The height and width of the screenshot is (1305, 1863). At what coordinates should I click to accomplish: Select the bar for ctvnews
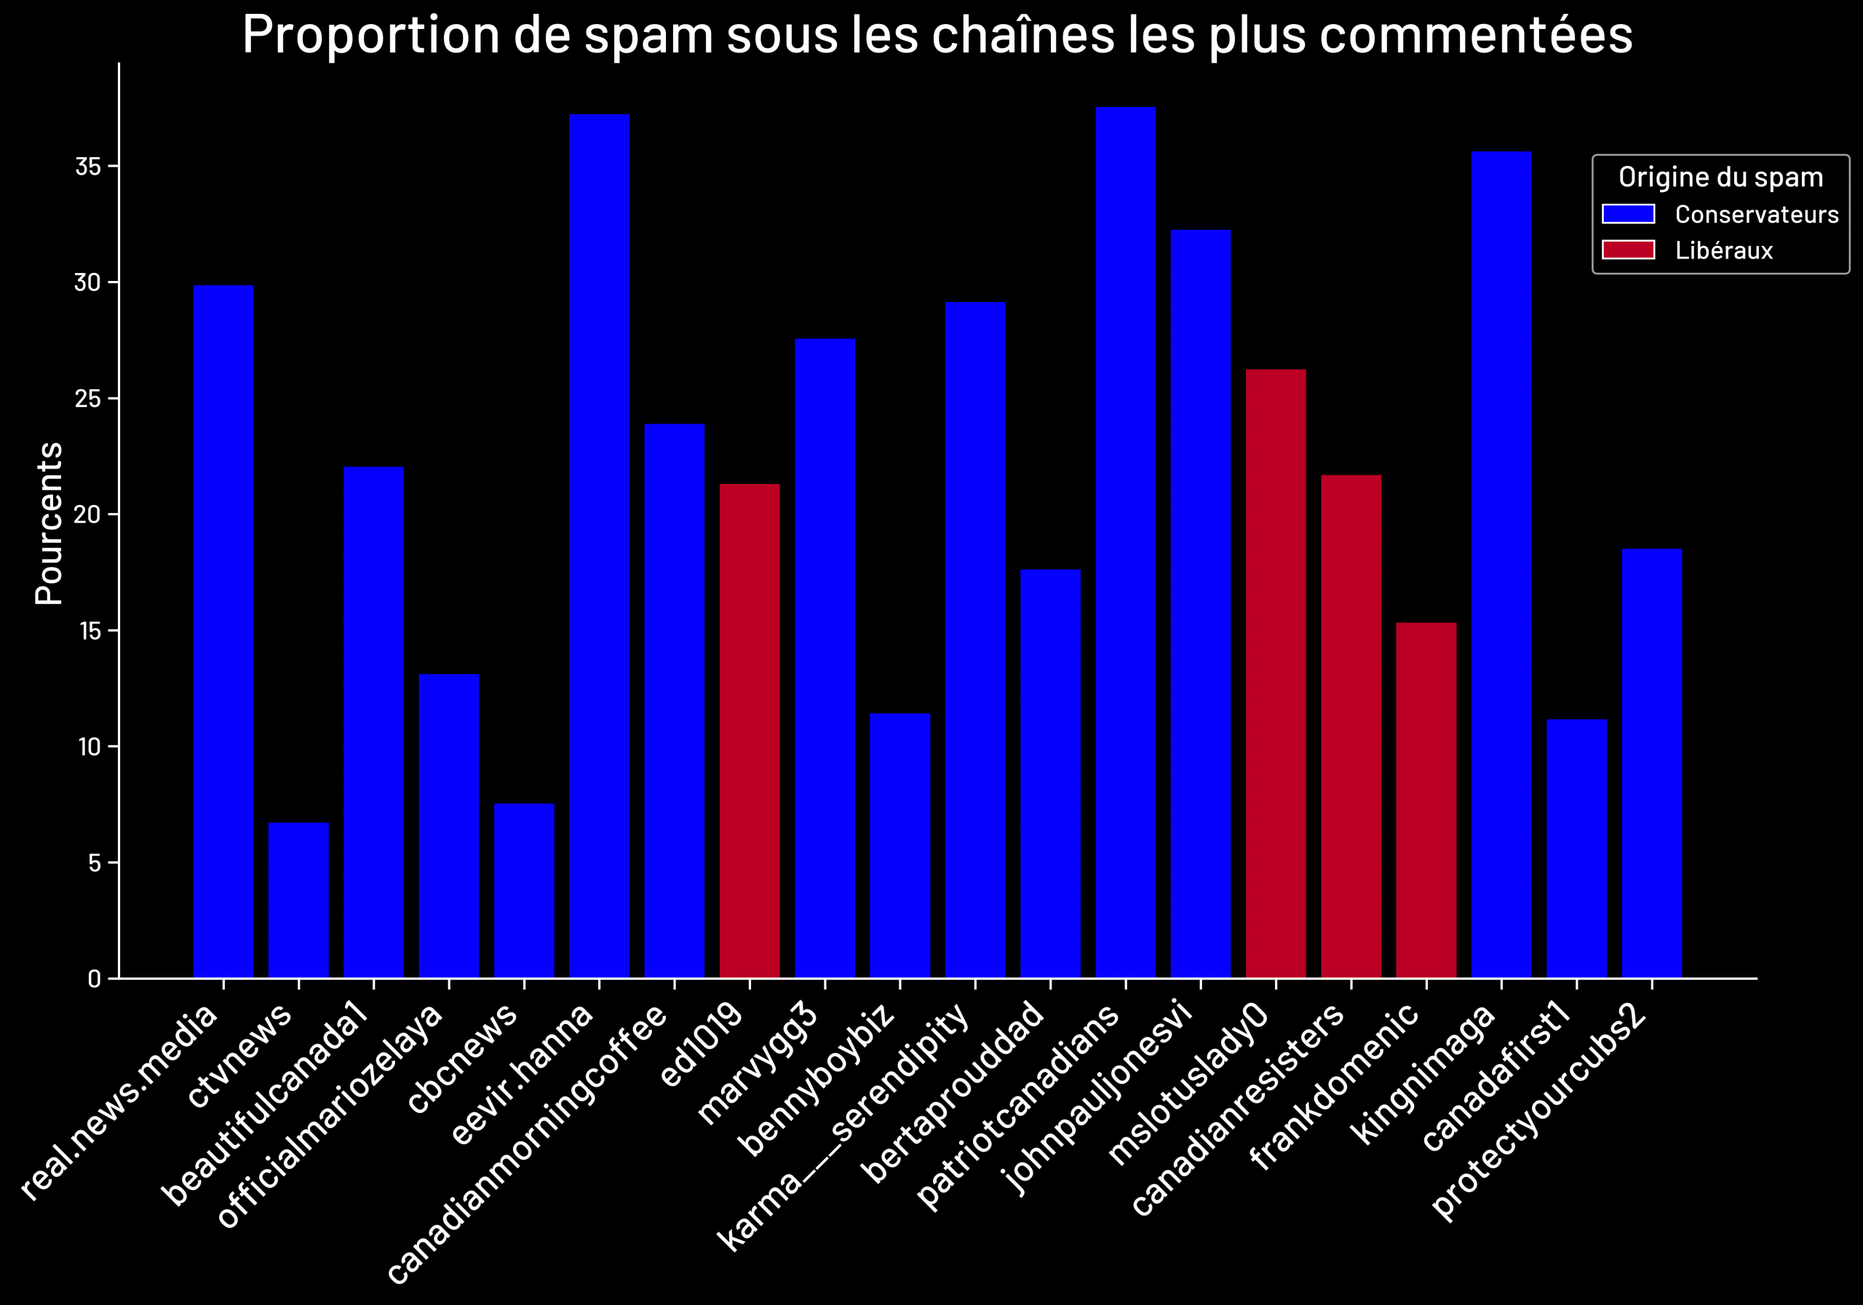(298, 900)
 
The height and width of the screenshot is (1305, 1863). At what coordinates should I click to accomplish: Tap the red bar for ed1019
(749, 731)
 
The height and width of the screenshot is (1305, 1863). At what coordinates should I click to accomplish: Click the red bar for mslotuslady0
(1276, 673)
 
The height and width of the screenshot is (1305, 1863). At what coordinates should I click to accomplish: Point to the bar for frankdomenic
(1426, 800)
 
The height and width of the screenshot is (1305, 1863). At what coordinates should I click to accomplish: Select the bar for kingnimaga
(1501, 564)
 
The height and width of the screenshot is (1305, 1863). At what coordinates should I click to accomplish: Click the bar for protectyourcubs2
(1651, 763)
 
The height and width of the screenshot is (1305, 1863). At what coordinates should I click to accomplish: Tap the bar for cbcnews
(524, 890)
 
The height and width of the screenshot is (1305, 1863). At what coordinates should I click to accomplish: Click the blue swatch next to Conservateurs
(1628, 213)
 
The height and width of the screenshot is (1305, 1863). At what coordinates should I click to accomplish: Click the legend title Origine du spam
(1720, 177)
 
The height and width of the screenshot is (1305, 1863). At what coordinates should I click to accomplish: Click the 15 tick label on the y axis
(90, 630)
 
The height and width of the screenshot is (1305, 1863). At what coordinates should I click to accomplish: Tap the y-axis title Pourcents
(49, 523)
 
